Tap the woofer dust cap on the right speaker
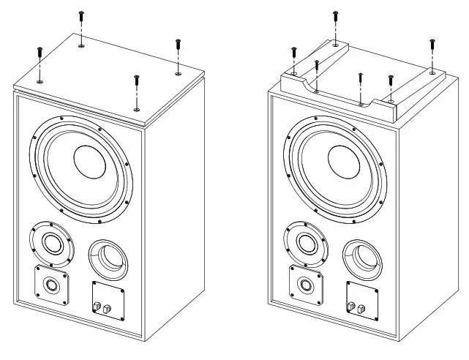point(343,162)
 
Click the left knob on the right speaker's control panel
point(353,307)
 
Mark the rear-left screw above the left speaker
point(81,20)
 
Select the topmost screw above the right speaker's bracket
point(335,19)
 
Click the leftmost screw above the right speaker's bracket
point(293,55)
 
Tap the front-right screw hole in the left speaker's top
point(137,109)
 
